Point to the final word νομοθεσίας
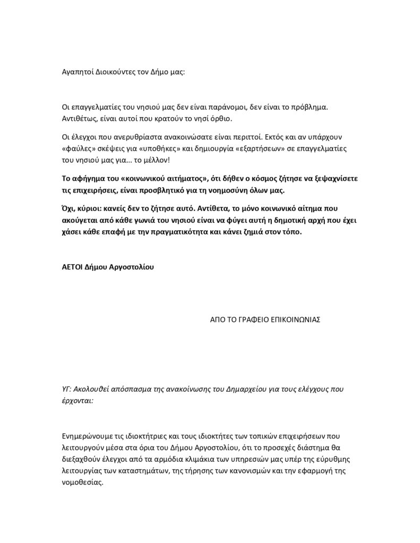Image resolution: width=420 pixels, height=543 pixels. point(84,483)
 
